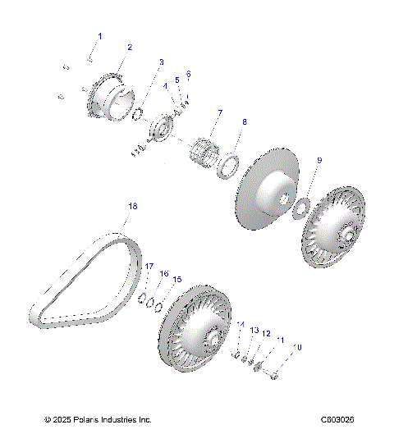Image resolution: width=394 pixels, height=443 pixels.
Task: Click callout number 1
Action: [101, 36]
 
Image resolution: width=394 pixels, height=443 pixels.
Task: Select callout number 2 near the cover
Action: [129, 48]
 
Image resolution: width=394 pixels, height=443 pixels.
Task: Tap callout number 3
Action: [161, 62]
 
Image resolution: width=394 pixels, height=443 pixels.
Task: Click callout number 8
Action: [244, 122]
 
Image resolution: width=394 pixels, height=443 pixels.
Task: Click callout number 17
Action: [149, 267]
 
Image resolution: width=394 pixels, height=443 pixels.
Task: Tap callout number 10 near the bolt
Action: [298, 348]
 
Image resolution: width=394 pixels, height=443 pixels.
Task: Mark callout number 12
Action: [265, 334]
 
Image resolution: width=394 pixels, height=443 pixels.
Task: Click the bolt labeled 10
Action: [273, 377]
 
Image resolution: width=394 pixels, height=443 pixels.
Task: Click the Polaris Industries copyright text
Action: [98, 420]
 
